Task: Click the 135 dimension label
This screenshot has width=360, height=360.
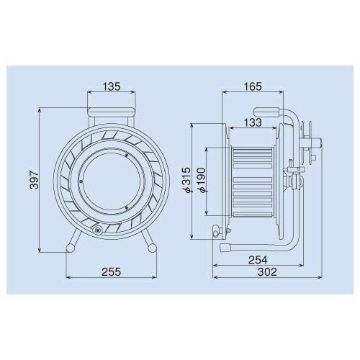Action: click(112, 86)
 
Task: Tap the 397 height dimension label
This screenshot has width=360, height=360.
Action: click(35, 180)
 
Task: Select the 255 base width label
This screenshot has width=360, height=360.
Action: click(112, 272)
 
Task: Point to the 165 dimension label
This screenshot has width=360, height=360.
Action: click(253, 86)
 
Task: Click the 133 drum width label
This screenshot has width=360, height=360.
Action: click(253, 122)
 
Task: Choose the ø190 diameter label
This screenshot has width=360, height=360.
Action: click(202, 180)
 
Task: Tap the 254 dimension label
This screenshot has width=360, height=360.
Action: click(258, 260)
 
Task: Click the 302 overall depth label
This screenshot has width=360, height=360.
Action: click(267, 272)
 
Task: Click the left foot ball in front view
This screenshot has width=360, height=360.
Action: click(71, 248)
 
